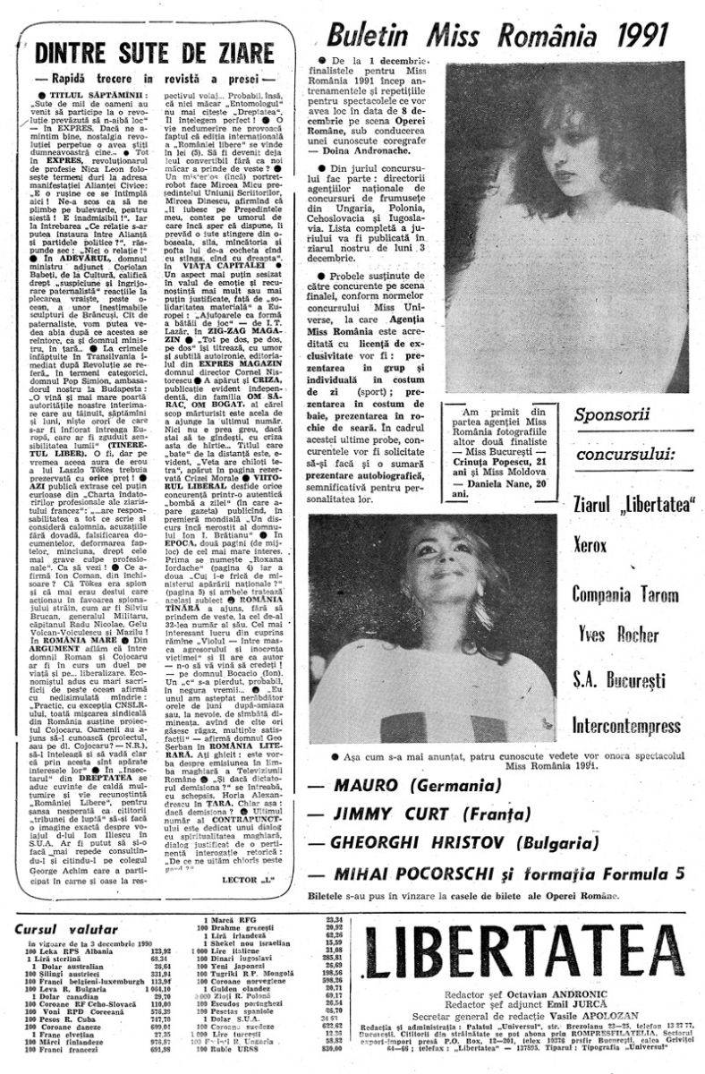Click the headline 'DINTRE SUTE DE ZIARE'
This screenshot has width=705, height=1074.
(156, 51)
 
